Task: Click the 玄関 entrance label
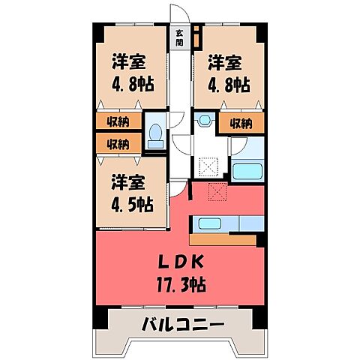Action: pyautogui.click(x=180, y=38)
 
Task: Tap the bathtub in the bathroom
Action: pyautogui.click(x=247, y=170)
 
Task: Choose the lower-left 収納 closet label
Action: pyautogui.click(x=117, y=143)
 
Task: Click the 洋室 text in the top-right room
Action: pyautogui.click(x=225, y=62)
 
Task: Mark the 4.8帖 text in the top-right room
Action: pyautogui.click(x=225, y=84)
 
